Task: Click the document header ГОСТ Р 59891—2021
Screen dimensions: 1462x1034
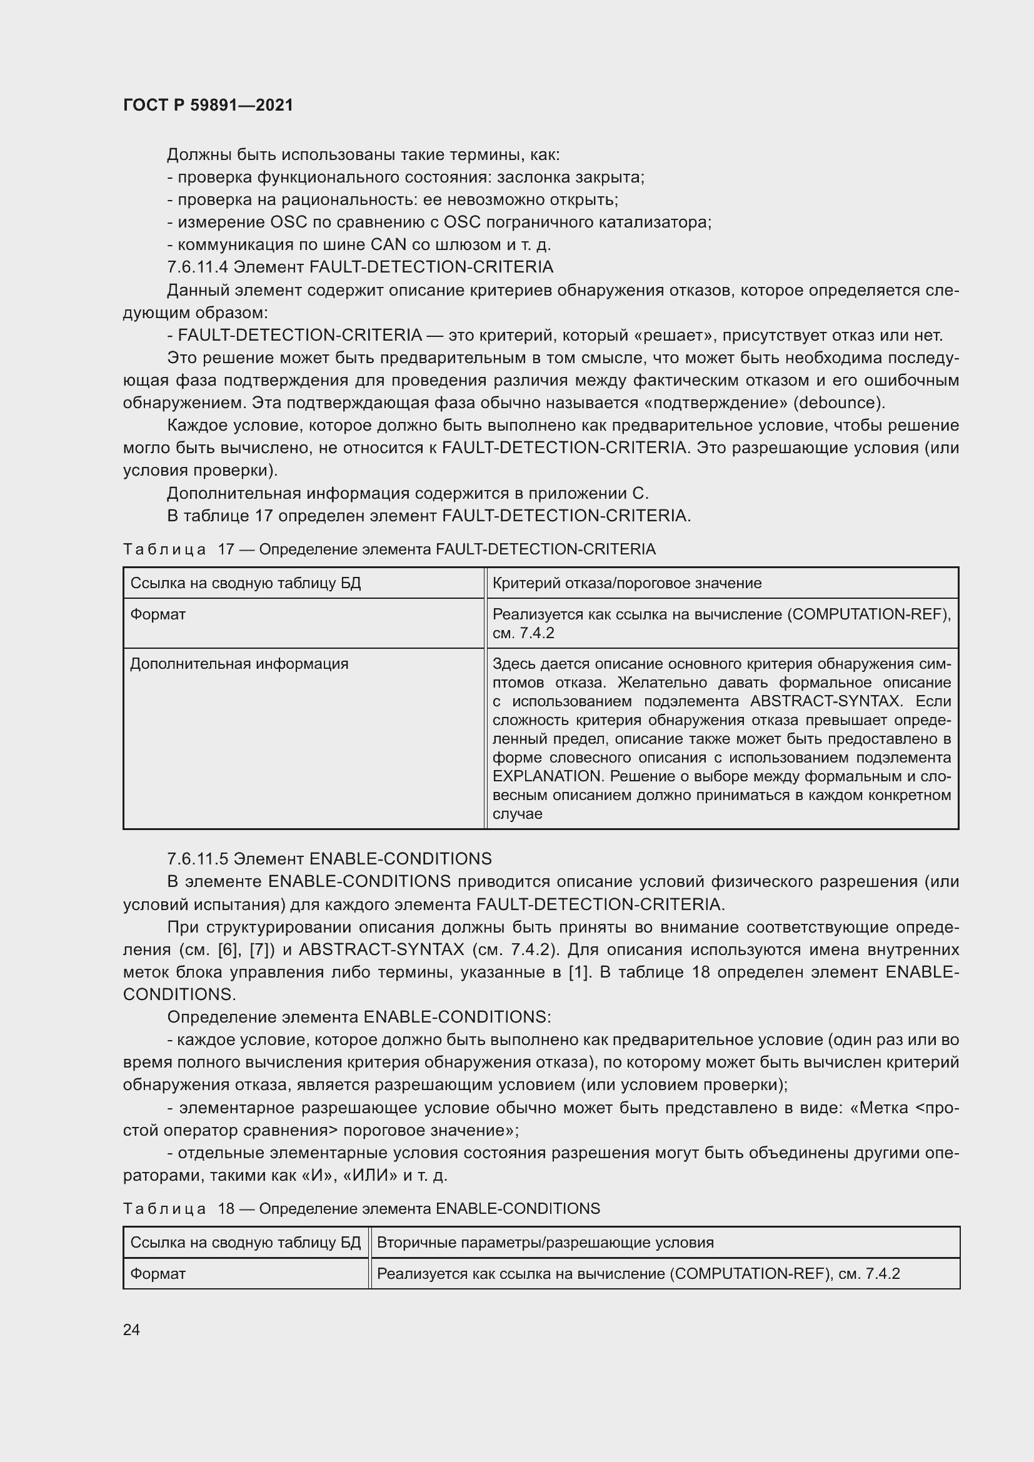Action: [x=208, y=105]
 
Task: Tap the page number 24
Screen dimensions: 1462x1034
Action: [x=131, y=1329]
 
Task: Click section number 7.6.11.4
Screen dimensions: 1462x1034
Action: [x=198, y=267]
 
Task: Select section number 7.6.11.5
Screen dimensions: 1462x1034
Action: [x=198, y=859]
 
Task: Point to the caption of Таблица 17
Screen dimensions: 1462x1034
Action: [x=389, y=549]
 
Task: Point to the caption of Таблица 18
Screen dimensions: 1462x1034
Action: [x=361, y=1209]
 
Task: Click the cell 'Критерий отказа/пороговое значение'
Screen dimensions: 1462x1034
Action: [x=626, y=583]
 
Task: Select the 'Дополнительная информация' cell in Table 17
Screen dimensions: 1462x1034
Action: [x=239, y=664]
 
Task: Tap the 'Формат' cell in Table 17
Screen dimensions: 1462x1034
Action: [x=158, y=614]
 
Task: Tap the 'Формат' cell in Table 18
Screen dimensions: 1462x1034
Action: [x=158, y=1273]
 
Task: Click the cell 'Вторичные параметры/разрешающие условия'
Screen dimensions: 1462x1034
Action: [x=545, y=1243]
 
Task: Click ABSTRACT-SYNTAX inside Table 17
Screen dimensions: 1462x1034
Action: [x=825, y=701]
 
